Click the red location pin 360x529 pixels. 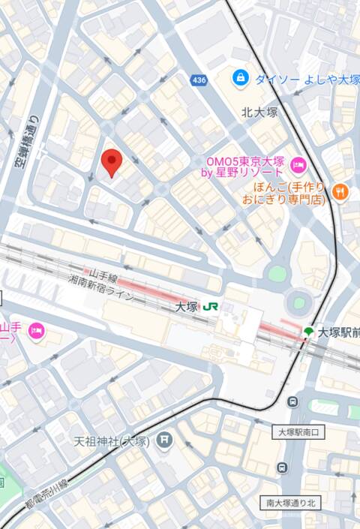(111, 162)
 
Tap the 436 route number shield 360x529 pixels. (199, 80)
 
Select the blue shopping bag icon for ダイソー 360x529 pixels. (240, 77)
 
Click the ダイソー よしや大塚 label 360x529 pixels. (304, 78)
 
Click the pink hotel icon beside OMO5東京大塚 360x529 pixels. (298, 165)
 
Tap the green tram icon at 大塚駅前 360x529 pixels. (307, 332)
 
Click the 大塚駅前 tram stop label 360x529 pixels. (338, 332)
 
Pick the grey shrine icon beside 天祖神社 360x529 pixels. (164, 440)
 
